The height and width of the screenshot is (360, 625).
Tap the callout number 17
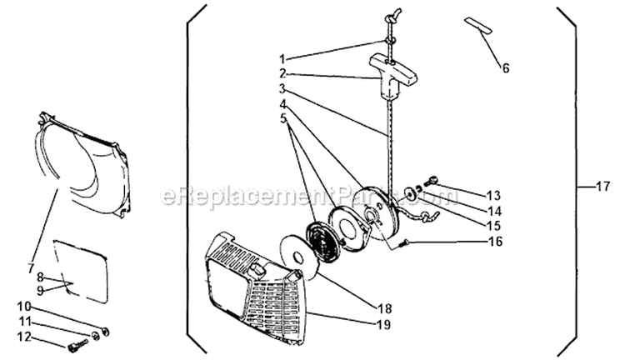(x=602, y=186)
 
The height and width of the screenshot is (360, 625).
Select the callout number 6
(x=506, y=68)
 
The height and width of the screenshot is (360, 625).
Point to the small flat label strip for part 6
(x=478, y=26)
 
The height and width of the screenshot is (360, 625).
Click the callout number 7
(x=31, y=268)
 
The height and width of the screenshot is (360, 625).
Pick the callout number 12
(x=24, y=337)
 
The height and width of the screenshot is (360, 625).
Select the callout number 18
(x=383, y=309)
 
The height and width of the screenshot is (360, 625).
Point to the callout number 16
(x=495, y=242)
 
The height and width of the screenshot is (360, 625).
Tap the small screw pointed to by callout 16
(x=405, y=242)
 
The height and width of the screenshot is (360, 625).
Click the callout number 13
(x=493, y=196)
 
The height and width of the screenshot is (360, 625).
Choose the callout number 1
(x=282, y=59)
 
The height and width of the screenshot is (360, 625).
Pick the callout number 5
(x=284, y=118)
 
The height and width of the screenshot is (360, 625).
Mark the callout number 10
(x=23, y=307)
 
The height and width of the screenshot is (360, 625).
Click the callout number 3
(x=282, y=88)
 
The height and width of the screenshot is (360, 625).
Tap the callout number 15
(x=493, y=226)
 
